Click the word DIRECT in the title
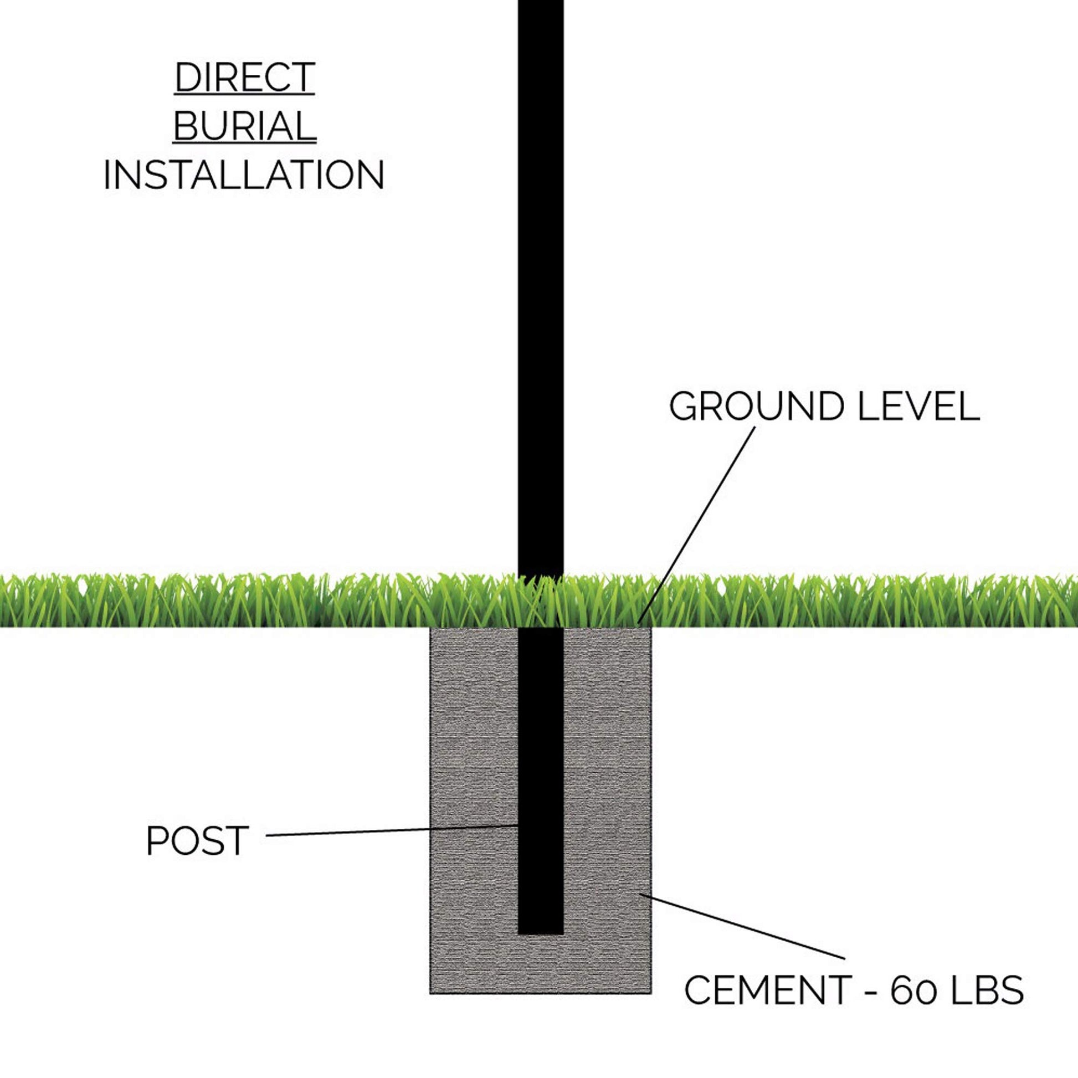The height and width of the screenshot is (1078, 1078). (x=244, y=78)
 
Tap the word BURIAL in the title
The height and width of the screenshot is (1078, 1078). (x=244, y=126)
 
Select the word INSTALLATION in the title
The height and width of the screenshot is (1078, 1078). (x=244, y=174)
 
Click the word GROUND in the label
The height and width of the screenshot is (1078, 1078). (x=756, y=407)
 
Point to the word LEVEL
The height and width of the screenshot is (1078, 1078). (x=918, y=407)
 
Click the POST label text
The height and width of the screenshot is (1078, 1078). (x=197, y=840)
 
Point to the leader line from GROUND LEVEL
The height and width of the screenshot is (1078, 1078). (x=697, y=525)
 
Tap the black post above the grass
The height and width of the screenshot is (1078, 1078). (x=540, y=279)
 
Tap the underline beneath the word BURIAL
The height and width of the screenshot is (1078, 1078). (x=244, y=143)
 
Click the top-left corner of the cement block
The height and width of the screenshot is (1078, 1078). (x=431, y=629)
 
